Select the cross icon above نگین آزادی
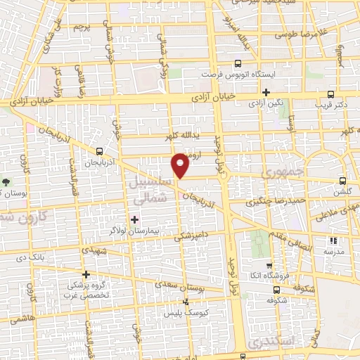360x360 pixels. (266, 92)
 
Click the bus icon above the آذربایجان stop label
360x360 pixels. (99, 151)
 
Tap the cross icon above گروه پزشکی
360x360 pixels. (86, 274)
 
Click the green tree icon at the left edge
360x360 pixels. (6, 181)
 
